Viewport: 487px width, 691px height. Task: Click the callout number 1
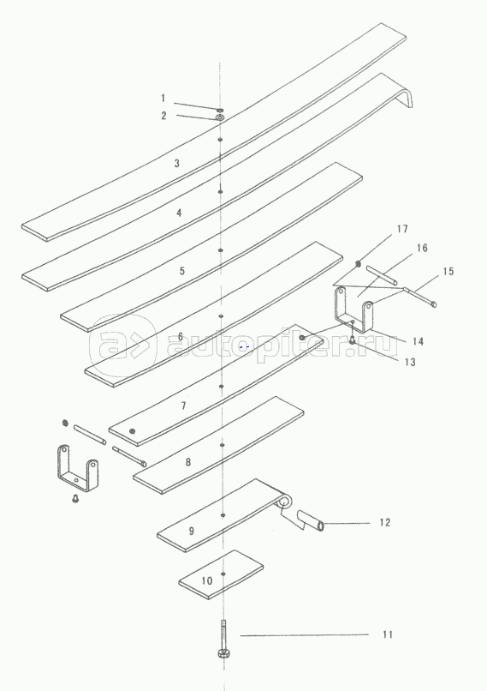pos(163,99)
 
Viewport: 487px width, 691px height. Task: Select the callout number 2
pos(163,116)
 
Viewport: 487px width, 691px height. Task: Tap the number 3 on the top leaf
pos(177,164)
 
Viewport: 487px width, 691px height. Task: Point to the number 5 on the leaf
pos(182,271)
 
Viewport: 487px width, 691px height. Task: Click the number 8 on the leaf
pos(188,462)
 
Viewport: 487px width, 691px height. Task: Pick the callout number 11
pos(388,634)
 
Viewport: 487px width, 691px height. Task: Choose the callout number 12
pos(385,522)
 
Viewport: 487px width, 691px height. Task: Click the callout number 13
pos(410,362)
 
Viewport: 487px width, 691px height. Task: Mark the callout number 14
pos(418,341)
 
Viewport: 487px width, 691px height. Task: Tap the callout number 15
pos(448,272)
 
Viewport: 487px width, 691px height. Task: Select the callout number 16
pos(422,248)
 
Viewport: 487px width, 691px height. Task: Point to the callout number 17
pos(402,229)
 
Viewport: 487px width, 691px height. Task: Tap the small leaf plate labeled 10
pos(222,574)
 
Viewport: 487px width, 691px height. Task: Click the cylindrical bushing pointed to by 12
pos(311,520)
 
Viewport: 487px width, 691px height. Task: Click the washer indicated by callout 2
pos(219,117)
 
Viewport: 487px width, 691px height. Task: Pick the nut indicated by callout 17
pos(358,263)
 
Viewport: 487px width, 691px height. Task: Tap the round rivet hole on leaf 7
pos(133,431)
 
